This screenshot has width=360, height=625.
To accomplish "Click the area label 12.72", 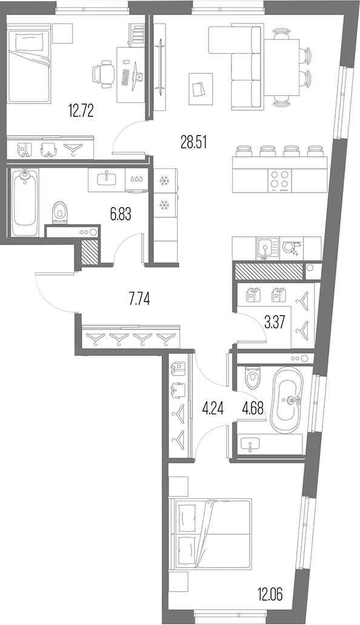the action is tap(81, 110).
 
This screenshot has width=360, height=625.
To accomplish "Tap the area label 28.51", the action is tap(194, 142).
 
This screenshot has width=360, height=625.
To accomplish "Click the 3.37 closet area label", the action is tap(275, 322).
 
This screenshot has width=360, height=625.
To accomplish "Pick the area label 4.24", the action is tap(213, 409).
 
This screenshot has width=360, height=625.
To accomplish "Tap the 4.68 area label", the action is tap(253, 409).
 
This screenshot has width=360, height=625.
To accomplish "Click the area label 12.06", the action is tap(270, 595).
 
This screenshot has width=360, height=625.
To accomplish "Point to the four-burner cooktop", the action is tap(279, 179).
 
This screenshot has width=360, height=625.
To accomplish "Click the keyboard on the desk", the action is tap(125, 78).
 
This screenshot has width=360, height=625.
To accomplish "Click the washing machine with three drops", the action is tap(136, 179).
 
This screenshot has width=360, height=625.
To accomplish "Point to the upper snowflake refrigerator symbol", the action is tap(164, 181).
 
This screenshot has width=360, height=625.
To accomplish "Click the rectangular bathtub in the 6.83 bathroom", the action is tap(25, 202).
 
